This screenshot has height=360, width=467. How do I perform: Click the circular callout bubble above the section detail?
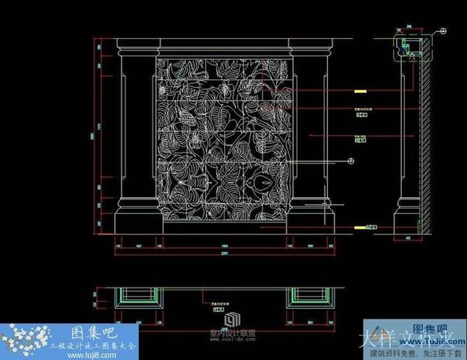pos(444,31)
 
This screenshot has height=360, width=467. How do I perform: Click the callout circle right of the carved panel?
pos(350,161)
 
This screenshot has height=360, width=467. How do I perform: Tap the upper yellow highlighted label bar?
pos(360,91)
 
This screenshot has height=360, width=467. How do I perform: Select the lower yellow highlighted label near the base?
pos(360,227)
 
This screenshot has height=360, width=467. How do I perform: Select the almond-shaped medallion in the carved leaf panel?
pos(262,181)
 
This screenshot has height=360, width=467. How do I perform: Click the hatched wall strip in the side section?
pos(422,133)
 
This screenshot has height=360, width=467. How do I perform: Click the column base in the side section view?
pos(405,217)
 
